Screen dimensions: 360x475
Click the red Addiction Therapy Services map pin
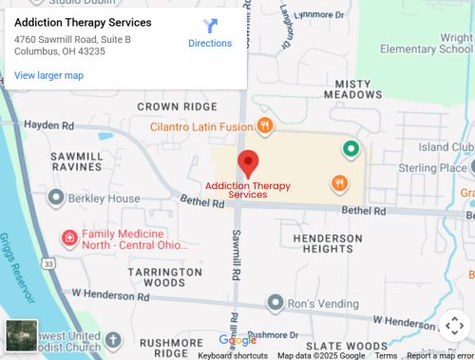point(248,161)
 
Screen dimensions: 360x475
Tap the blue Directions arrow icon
point(210,26)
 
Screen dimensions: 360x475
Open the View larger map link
point(48,75)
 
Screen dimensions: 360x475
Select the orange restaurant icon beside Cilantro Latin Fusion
point(266,125)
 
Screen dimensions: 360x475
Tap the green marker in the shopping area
point(351,148)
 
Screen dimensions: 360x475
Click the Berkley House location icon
point(55,198)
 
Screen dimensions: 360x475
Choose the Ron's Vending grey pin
point(275,303)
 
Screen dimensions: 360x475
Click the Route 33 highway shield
point(47,262)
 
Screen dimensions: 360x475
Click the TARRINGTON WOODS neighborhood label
point(158,276)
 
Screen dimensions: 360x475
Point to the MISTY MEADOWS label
point(352,89)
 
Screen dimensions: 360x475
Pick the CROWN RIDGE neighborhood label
point(176,106)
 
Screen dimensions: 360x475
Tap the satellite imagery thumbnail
point(21,335)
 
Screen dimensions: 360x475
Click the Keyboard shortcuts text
point(232,355)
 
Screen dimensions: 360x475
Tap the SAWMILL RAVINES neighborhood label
point(77,161)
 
